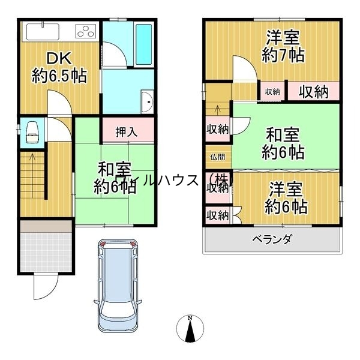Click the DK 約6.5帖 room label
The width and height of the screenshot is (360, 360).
[x=58, y=67]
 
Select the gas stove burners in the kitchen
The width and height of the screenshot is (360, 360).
[x=85, y=31]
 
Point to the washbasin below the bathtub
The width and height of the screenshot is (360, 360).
[x=146, y=102]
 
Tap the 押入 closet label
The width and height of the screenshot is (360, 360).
[x=126, y=131]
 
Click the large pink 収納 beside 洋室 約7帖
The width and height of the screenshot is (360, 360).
[x=313, y=91]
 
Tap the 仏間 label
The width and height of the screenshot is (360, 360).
[x=217, y=157]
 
